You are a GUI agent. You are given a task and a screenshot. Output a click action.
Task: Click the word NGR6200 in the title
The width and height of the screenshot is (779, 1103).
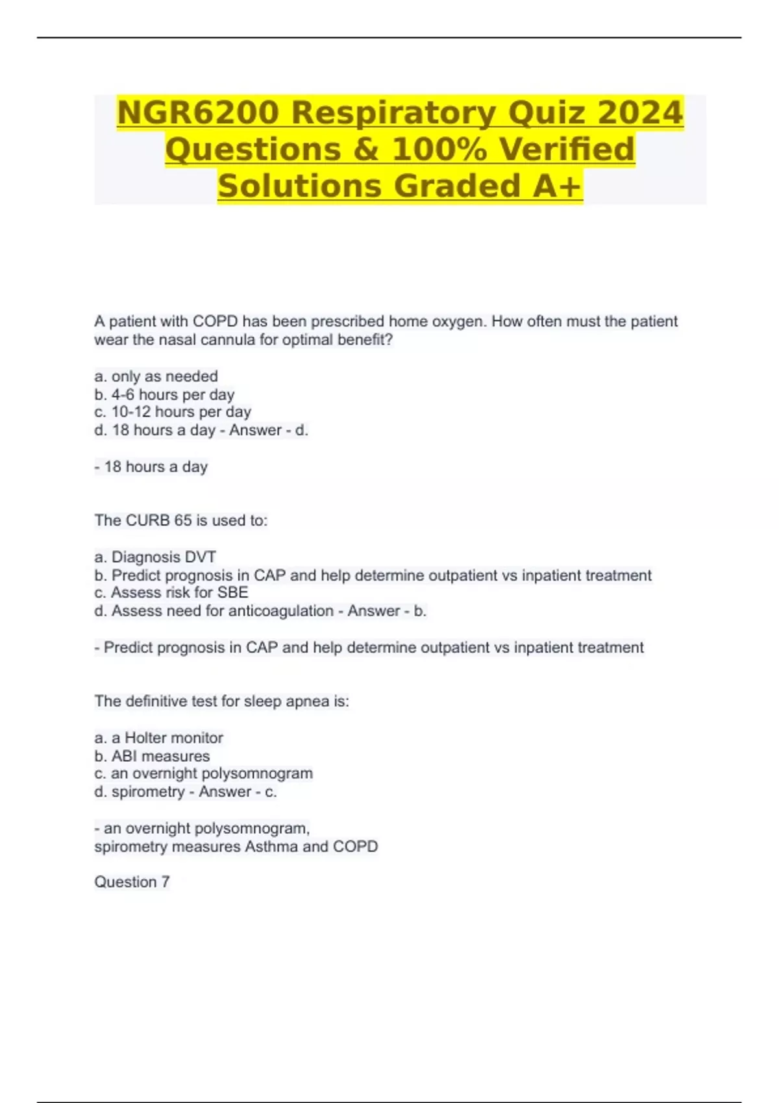point(199,113)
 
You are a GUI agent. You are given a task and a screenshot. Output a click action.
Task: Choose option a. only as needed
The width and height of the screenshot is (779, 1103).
point(156,376)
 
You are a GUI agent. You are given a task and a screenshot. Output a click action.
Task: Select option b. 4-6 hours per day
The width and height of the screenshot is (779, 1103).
point(164,394)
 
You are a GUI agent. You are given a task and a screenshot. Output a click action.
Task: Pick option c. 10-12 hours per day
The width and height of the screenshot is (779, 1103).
point(173,412)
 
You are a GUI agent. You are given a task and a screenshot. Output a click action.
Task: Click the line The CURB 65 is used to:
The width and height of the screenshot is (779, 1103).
point(180,520)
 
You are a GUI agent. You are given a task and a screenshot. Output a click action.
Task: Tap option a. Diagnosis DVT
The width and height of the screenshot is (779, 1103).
point(155,557)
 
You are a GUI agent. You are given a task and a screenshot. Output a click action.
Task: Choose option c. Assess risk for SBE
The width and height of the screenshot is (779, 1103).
point(171,592)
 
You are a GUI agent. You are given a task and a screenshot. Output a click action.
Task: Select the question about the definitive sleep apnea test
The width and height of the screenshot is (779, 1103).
point(221,701)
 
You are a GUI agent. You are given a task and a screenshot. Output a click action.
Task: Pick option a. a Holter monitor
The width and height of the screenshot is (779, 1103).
point(158,738)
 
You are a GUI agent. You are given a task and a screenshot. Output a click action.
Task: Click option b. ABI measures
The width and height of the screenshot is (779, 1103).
point(152,756)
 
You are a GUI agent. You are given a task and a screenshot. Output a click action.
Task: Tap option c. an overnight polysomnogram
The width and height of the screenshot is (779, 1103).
point(203,773)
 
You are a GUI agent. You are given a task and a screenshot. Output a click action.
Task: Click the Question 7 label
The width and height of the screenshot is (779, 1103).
point(132,882)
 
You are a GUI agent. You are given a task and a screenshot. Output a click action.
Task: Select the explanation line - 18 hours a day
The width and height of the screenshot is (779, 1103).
point(151,467)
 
